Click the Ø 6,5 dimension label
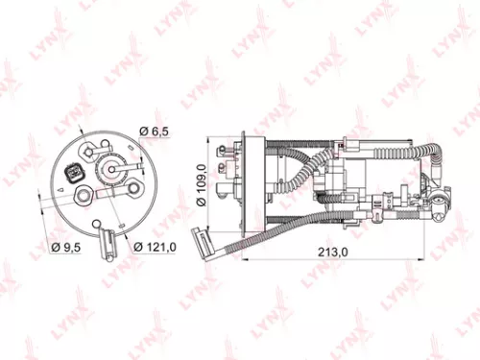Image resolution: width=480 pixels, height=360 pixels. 156,131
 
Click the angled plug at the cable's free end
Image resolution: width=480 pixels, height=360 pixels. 199,241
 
